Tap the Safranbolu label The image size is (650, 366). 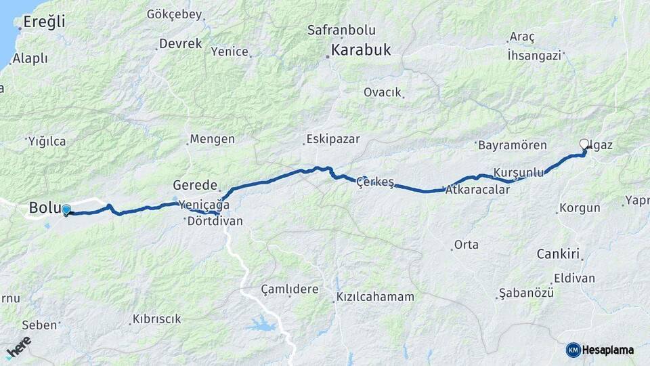coord(341,30)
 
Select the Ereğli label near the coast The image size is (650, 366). coord(44,22)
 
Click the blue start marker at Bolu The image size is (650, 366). coord(66,210)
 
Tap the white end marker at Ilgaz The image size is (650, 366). coord(584,144)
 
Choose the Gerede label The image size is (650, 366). coord(195,185)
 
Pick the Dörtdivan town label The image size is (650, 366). coord(215,221)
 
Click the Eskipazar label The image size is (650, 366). coord(332,139)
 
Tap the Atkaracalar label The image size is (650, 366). coord(477,190)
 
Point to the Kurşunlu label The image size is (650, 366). coord(519,173)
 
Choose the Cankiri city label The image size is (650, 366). coord(559,255)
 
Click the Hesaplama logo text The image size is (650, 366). coord(608,350)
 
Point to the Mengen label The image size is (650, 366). coord(212,139)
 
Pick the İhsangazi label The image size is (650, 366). coord(534,56)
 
